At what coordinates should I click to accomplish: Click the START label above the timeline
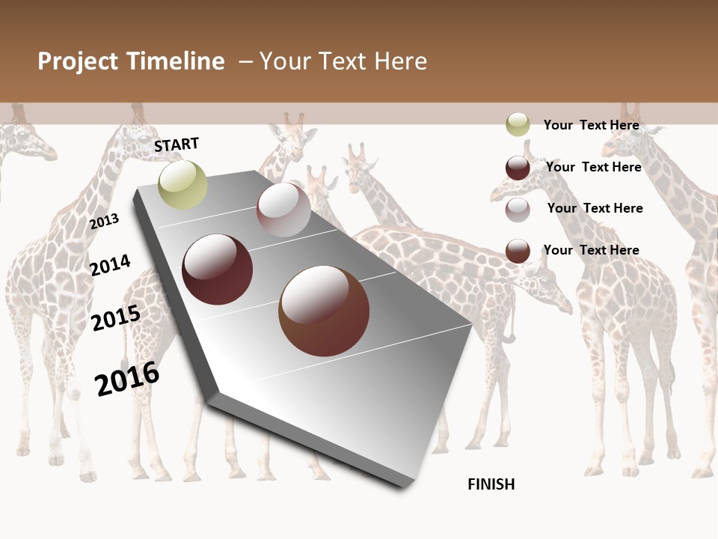[177, 144]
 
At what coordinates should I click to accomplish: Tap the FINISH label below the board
[491, 484]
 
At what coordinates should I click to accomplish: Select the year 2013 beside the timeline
[105, 221]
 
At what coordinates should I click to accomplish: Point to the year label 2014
[111, 265]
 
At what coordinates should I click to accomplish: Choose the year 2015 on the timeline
[116, 318]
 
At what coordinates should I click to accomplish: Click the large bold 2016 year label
[127, 379]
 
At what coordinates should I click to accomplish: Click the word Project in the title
[78, 61]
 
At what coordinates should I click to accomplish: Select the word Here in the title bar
[400, 61]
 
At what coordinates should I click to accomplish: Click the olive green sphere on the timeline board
[183, 184]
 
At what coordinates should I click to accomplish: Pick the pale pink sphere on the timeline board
[283, 210]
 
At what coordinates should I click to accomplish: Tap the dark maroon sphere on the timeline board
[218, 269]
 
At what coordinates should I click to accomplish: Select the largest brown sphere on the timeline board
[324, 311]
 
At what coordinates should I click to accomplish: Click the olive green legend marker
[518, 124]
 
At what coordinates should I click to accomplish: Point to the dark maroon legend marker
[518, 168]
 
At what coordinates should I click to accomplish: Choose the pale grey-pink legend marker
[518, 210]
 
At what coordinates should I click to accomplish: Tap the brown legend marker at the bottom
[518, 251]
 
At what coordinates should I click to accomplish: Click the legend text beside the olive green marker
[592, 125]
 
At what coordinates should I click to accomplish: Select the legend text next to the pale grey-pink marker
[595, 208]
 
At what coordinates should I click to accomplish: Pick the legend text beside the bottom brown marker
[592, 250]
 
